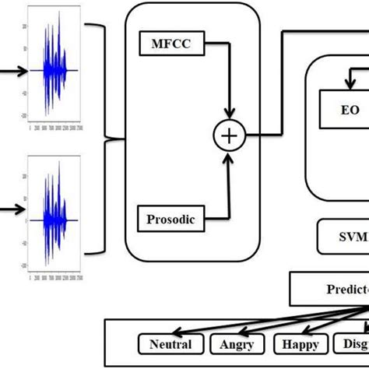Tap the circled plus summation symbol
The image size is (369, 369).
point(229,135)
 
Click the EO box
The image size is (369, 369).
point(349,111)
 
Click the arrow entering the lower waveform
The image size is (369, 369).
point(11,209)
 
